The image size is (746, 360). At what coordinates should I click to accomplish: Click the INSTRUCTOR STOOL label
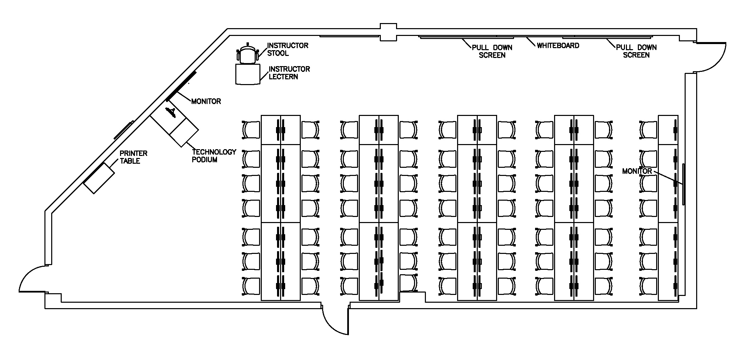[x=288, y=49]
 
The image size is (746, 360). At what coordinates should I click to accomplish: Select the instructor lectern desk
[x=248, y=74]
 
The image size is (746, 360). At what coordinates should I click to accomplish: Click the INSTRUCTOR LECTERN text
[x=289, y=73]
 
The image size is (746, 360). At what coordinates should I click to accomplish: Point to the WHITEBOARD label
[x=558, y=45]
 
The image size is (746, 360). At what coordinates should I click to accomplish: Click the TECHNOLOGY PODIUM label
[x=214, y=156]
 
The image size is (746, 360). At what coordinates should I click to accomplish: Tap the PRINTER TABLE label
[x=133, y=157]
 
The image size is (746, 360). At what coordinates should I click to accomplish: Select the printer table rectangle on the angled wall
[x=99, y=178]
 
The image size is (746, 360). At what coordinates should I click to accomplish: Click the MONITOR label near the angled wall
[x=206, y=101]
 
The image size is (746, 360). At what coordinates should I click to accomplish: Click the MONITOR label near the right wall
[x=637, y=171]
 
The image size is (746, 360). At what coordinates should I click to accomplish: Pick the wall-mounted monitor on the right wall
[x=684, y=184]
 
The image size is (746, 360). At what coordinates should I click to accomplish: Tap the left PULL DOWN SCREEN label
[x=492, y=51]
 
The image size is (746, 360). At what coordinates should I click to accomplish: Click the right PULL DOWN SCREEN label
[x=636, y=51]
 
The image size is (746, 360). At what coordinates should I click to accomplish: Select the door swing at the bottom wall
[x=332, y=322]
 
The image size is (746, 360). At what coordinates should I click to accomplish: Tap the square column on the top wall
[x=388, y=32]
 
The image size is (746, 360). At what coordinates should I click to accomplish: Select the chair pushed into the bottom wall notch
[x=408, y=283]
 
